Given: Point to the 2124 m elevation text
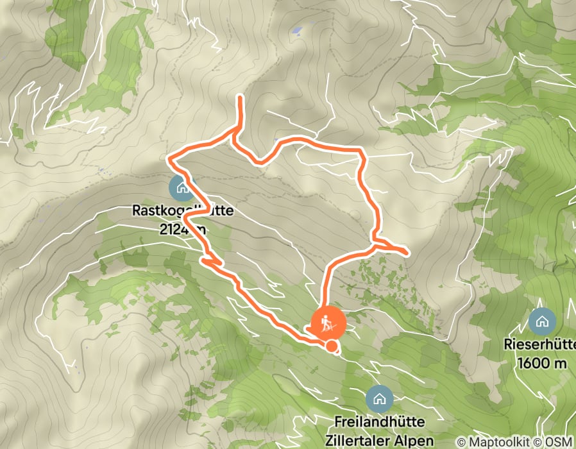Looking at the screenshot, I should (183, 229).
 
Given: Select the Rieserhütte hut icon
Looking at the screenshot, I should (543, 319).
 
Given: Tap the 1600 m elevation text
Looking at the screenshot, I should (543, 363).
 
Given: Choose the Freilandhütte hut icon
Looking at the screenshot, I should (380, 399).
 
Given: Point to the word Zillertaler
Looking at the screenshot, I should (364, 441).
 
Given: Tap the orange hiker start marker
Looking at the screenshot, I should (328, 324).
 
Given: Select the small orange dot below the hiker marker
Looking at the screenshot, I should (332, 347).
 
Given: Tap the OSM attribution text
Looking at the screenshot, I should (559, 442).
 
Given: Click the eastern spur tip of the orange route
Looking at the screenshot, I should (407, 252).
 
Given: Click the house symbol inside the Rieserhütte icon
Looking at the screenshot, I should (543, 319).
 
